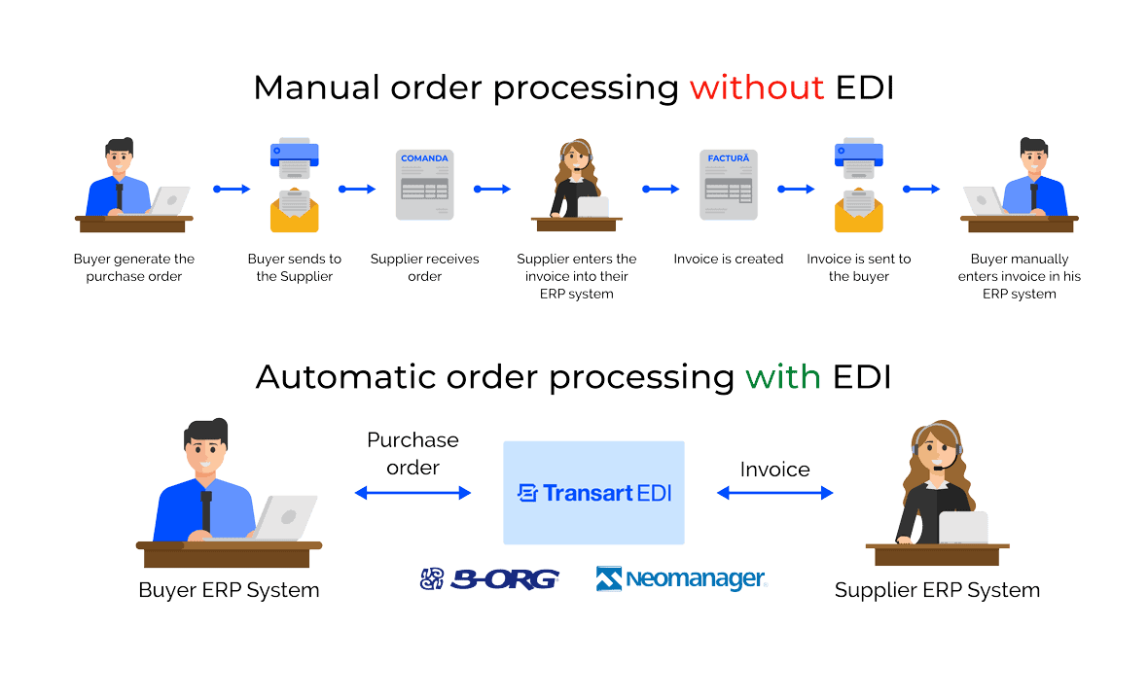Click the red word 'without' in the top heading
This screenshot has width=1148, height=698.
tap(756, 87)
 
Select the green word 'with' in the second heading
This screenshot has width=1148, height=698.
tap(783, 376)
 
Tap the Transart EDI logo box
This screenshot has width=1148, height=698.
tap(593, 493)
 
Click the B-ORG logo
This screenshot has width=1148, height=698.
tap(489, 579)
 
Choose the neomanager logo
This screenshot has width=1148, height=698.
tap(681, 579)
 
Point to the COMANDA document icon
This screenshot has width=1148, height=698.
tap(424, 185)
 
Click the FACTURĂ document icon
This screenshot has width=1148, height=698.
tap(728, 185)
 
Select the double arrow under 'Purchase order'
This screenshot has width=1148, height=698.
tap(413, 494)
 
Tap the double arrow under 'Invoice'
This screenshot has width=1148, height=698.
tap(774, 494)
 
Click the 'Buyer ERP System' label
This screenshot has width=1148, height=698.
tap(229, 590)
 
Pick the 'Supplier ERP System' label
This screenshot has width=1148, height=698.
tap(937, 590)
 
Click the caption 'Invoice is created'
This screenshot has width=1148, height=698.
tap(728, 260)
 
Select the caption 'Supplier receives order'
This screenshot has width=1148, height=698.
tap(424, 267)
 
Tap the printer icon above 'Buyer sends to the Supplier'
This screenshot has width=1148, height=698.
tap(294, 159)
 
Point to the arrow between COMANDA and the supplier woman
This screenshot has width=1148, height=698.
tap(492, 190)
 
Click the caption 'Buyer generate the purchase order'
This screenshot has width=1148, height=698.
tap(134, 267)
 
